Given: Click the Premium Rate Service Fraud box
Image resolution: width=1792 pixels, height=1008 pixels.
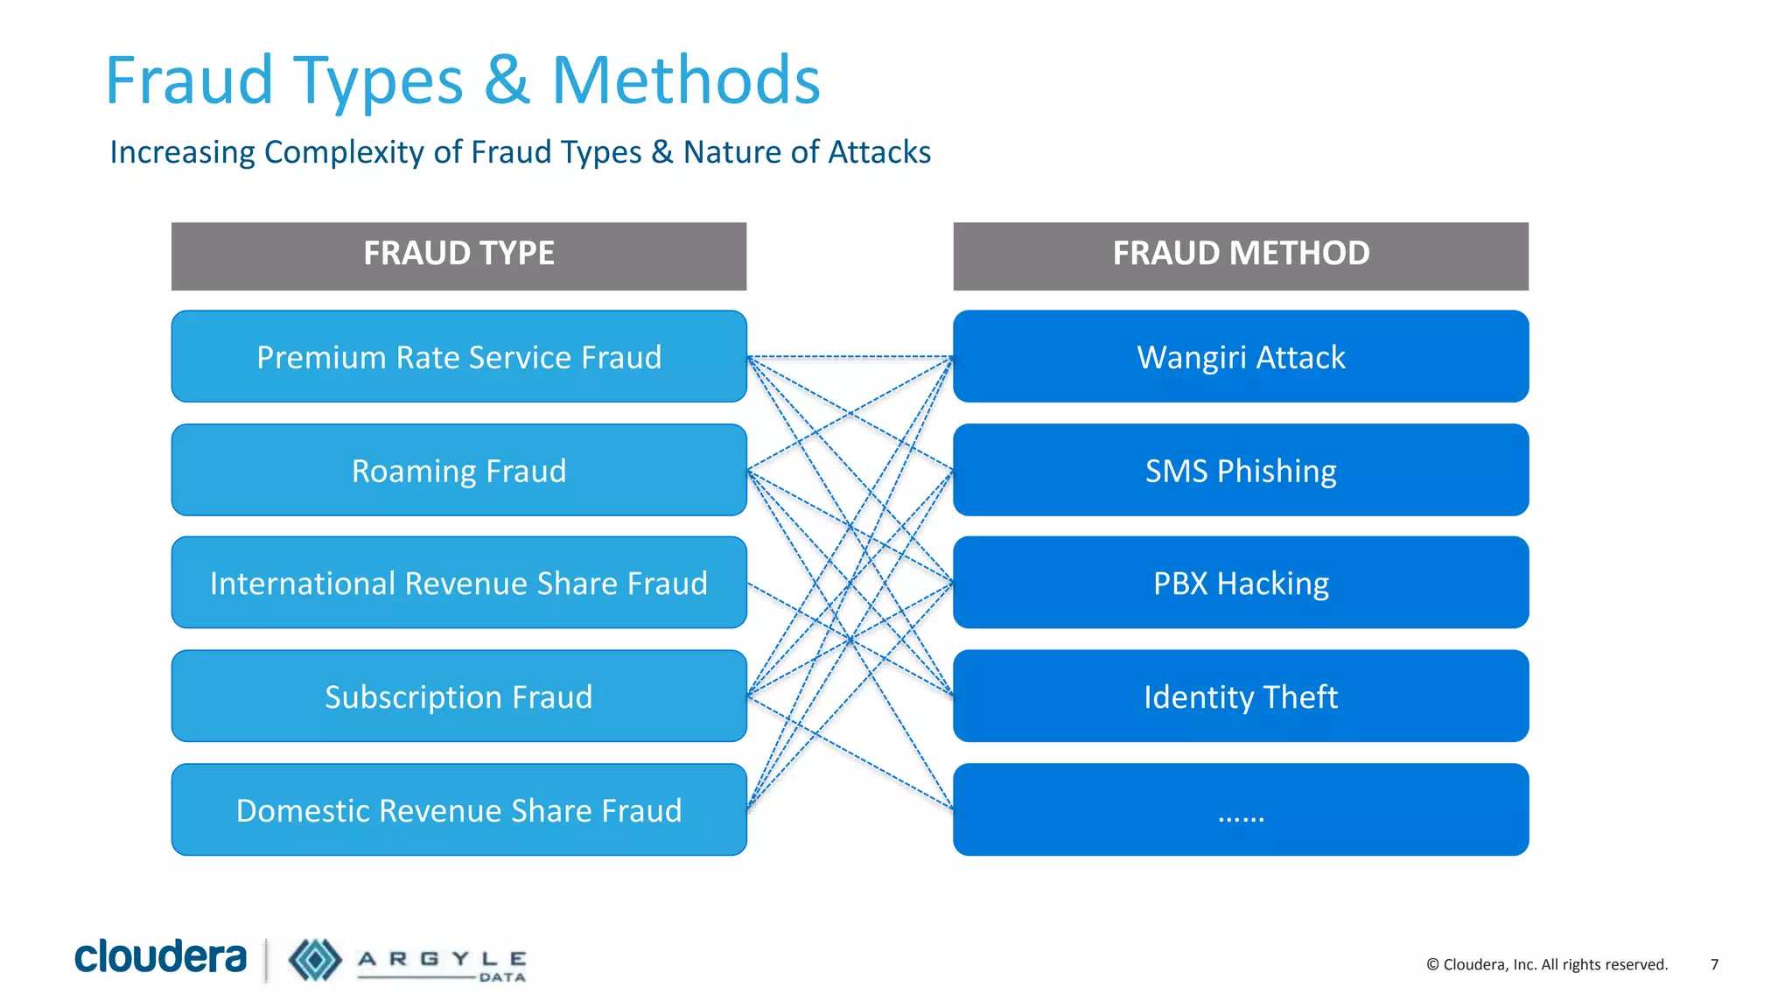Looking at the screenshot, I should click(x=458, y=357).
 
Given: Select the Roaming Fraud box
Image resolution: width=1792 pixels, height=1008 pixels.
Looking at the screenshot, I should click(x=458, y=471).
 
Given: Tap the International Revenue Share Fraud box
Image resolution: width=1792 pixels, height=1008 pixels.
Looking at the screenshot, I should click(x=458, y=583).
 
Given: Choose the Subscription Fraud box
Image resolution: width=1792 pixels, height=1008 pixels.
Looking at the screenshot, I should click(x=458, y=696).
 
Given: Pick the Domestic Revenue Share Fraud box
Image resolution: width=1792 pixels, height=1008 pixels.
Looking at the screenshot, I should click(x=458, y=810).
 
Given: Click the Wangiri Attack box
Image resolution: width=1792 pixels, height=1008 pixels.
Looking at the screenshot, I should click(x=1241, y=357).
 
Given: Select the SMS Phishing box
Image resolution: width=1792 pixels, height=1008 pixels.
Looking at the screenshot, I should click(x=1241, y=471).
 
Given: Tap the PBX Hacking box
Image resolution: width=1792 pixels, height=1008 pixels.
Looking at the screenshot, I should click(x=1241, y=583).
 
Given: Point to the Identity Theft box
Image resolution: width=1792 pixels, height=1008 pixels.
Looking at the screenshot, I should click(x=1241, y=696).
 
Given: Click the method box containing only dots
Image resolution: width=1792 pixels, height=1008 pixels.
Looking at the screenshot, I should click(x=1241, y=810).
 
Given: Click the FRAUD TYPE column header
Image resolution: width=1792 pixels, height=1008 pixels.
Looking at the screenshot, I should click(x=458, y=255).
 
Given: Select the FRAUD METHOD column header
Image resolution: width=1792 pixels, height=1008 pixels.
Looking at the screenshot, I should click(x=1241, y=255).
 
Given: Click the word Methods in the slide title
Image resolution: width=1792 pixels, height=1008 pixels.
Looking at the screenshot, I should click(x=686, y=80).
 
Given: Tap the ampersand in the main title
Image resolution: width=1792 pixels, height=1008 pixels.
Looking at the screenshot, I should click(x=507, y=80).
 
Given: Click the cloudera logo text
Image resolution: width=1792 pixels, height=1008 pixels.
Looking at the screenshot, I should click(x=160, y=956).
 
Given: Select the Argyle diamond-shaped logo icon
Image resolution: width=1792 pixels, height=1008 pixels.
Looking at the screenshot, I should click(x=315, y=960).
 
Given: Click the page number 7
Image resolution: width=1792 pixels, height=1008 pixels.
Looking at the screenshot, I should click(x=1714, y=964).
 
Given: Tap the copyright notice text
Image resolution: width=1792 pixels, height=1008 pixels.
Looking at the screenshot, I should click(x=1547, y=964).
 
